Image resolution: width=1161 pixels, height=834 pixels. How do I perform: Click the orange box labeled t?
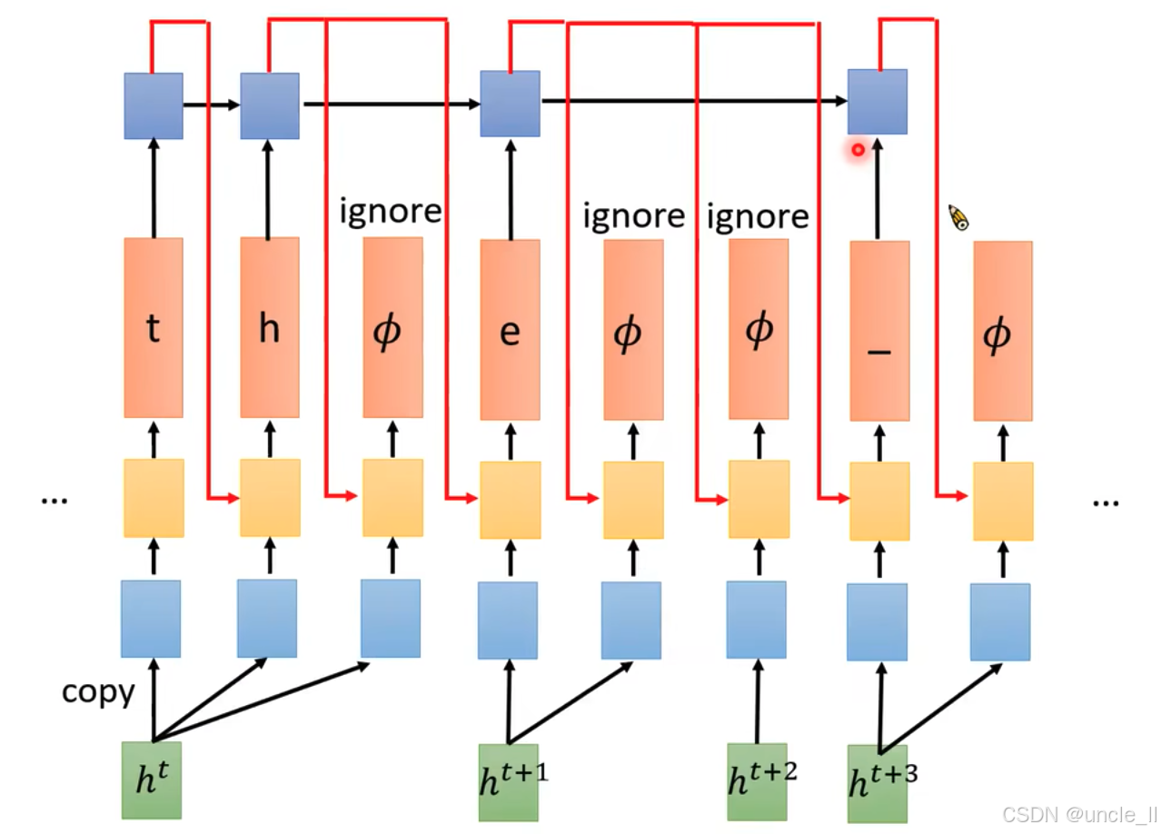coord(154,327)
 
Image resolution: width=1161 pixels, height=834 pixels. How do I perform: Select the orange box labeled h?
coord(269,327)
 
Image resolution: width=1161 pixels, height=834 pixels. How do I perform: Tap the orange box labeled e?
coord(510,330)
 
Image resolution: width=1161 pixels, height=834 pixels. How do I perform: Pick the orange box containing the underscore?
coord(879,332)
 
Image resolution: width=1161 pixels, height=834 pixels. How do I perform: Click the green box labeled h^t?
coord(152,780)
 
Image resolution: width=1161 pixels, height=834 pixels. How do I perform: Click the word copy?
coord(98,692)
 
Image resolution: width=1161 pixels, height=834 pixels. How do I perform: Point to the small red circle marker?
coord(857,149)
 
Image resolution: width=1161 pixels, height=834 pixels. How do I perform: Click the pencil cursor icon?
coord(958,218)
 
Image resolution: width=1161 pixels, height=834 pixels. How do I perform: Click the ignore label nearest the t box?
coord(391,212)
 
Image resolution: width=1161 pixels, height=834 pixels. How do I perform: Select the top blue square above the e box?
coord(510,104)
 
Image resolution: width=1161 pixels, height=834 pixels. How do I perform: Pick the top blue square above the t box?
coord(154,106)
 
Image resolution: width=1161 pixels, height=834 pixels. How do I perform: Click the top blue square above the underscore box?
coord(878,102)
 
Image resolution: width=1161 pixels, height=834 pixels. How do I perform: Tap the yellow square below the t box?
coord(154,498)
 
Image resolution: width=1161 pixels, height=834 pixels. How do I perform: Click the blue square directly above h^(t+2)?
coord(756,620)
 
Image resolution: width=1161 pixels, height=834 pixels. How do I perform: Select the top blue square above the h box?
coord(270,106)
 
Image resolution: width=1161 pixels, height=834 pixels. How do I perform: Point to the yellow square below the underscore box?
coord(879,501)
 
